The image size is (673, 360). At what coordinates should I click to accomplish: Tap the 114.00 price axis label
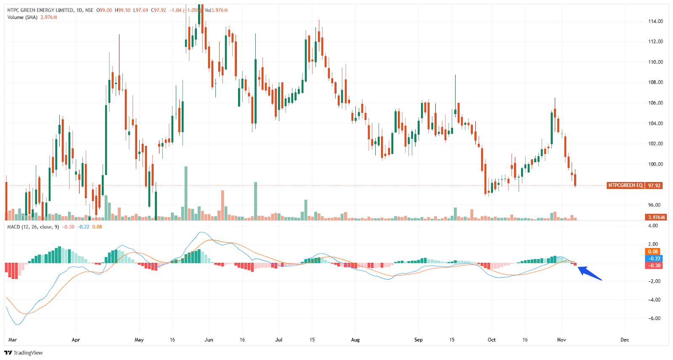pyautogui.click(x=655, y=21)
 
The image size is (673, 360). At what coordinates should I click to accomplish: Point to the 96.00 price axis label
pyautogui.click(x=654, y=205)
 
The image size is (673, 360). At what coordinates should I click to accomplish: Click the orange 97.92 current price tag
pyautogui.click(x=654, y=185)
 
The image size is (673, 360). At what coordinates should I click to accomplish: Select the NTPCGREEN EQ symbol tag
pyautogui.click(x=625, y=185)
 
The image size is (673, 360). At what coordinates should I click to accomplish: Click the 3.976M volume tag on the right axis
pyautogui.click(x=656, y=217)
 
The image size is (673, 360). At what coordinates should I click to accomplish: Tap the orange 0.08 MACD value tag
pyautogui.click(x=653, y=251)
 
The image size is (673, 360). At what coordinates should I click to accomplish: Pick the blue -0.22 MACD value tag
pyautogui.click(x=653, y=259)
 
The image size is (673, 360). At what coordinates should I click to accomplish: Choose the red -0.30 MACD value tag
pyautogui.click(x=653, y=266)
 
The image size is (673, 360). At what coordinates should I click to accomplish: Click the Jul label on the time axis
pyautogui.click(x=279, y=340)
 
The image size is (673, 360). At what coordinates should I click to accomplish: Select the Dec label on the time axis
pyautogui.click(x=625, y=340)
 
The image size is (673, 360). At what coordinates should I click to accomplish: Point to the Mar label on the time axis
pyautogui.click(x=13, y=340)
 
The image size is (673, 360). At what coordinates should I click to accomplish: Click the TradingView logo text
pyautogui.click(x=28, y=353)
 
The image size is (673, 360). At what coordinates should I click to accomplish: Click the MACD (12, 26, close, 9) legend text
pyautogui.click(x=33, y=227)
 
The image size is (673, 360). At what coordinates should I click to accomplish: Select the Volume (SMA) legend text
pyautogui.click(x=22, y=17)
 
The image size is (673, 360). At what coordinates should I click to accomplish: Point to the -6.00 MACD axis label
pyautogui.click(x=654, y=318)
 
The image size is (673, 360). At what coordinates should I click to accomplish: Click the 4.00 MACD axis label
pyautogui.click(x=653, y=226)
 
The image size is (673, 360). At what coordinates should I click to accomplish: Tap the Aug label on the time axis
pyautogui.click(x=355, y=340)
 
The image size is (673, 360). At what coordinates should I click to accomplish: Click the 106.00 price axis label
pyautogui.click(x=655, y=103)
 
